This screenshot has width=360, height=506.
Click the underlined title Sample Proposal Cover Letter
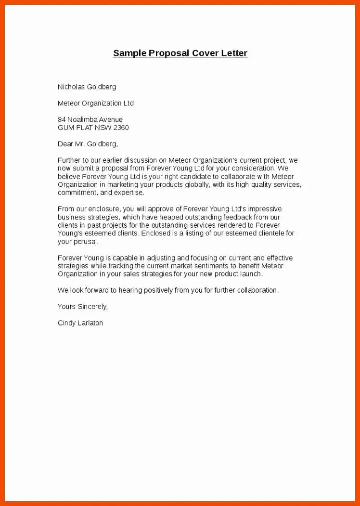pyautogui.click(x=180, y=53)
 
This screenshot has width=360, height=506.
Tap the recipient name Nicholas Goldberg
pyautogui.click(x=87, y=87)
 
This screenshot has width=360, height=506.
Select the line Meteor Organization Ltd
pyautogui.click(x=96, y=104)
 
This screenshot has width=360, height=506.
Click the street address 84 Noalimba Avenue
pyautogui.click(x=90, y=119)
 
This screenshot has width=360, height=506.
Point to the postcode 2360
pyautogui.click(x=121, y=128)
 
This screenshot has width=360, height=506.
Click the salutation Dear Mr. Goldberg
pyautogui.click(x=88, y=144)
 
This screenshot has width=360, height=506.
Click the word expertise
pyautogui.click(x=129, y=193)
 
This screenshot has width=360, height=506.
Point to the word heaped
pyautogui.click(x=167, y=217)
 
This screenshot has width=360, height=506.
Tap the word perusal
pyautogui.click(x=86, y=242)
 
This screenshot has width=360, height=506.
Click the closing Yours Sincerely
pyautogui.click(x=83, y=307)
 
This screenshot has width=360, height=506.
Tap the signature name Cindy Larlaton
pyautogui.click(x=80, y=323)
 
